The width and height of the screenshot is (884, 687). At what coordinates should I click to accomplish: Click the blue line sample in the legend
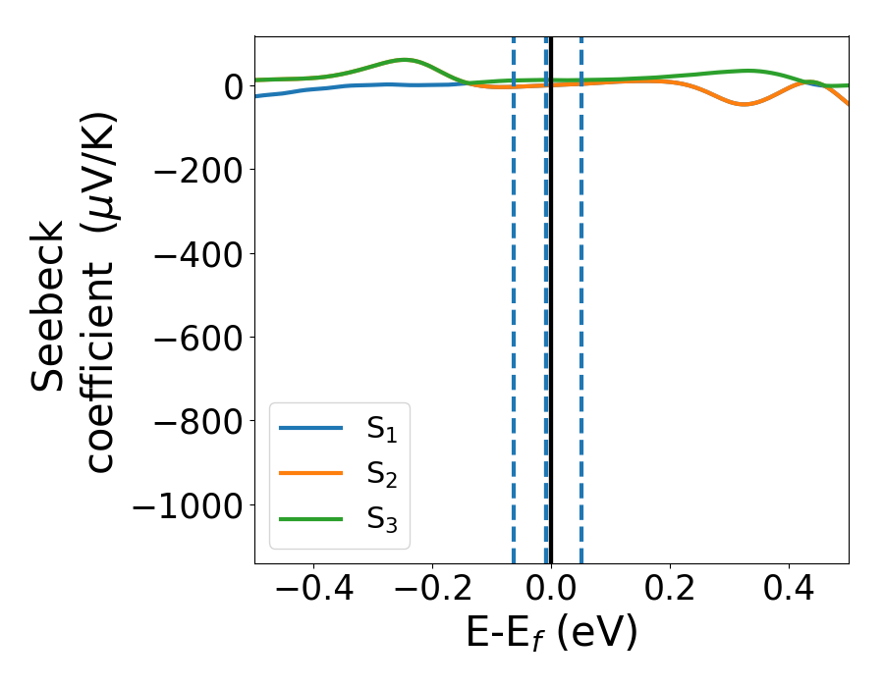click(311, 428)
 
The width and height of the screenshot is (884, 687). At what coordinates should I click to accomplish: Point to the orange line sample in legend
click(311, 473)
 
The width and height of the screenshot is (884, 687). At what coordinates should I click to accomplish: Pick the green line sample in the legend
click(311, 518)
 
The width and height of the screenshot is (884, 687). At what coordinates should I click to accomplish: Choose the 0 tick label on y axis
click(233, 86)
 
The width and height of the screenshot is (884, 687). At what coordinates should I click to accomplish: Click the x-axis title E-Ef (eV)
click(551, 633)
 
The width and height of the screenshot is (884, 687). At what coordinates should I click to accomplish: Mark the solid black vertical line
click(551, 294)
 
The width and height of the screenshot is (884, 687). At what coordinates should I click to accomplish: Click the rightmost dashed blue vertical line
click(580, 294)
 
